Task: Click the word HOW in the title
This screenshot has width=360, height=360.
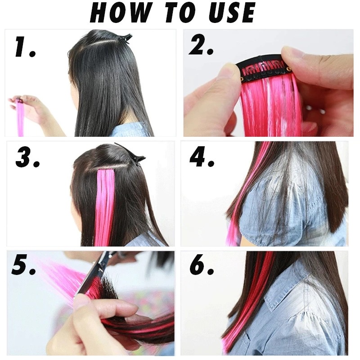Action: pyautogui.click(x=118, y=13)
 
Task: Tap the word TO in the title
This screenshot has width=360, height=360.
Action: pyautogui.click(x=176, y=13)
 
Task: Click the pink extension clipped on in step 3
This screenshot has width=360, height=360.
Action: pyautogui.click(x=106, y=202)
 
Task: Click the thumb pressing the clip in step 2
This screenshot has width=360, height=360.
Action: pyautogui.click(x=225, y=81)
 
